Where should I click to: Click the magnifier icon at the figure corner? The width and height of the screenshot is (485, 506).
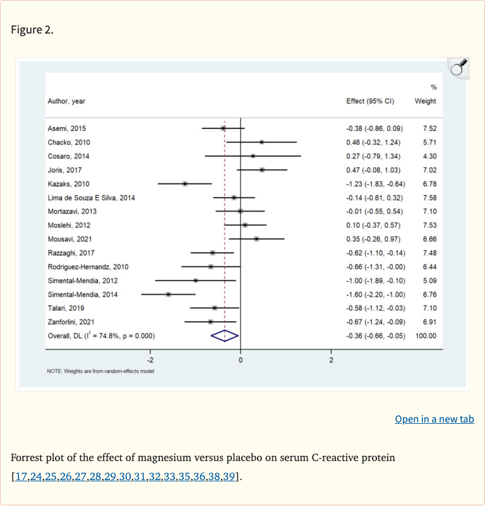459,66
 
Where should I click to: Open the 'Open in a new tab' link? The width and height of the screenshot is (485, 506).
434,419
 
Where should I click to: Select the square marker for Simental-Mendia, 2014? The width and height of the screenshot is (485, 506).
168,294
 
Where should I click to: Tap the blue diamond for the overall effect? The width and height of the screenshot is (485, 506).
225,336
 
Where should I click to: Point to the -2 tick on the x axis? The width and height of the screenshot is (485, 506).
150,360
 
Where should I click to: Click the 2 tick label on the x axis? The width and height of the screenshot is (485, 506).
331,360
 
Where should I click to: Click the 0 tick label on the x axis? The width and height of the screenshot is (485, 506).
241,360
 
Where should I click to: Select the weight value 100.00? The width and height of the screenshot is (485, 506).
425,336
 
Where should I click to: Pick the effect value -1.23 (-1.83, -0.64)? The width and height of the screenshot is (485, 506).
375,183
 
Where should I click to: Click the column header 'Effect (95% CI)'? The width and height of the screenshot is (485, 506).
370,101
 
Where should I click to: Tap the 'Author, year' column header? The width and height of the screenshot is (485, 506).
66,101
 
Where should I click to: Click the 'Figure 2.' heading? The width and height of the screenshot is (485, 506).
32,30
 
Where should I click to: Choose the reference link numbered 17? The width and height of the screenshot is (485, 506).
20,476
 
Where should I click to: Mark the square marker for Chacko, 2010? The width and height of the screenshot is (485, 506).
261,142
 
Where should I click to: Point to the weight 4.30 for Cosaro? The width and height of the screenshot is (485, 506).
429,156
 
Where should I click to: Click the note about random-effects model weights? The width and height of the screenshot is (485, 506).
100,371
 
